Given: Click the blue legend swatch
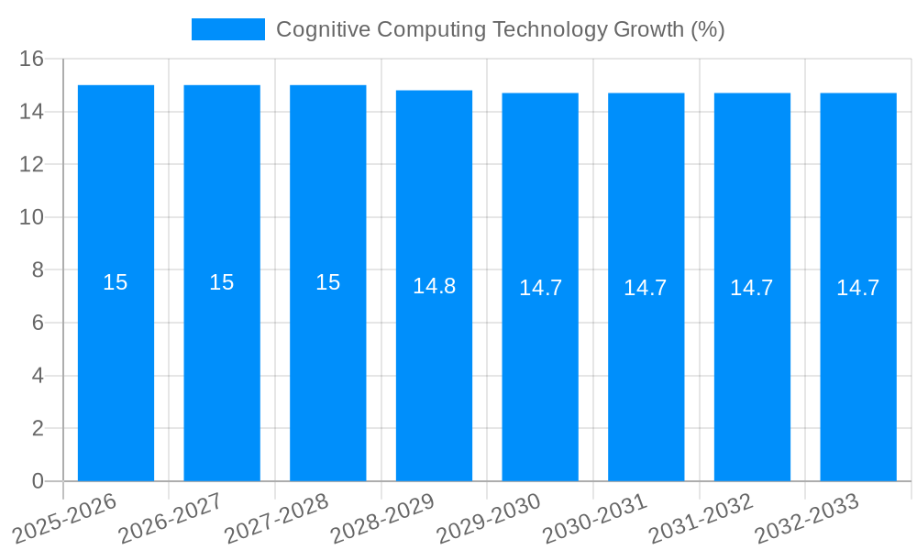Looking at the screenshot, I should point(227,29).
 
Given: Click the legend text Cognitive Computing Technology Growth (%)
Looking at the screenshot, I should point(500,29).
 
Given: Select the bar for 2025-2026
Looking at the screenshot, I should point(116,367).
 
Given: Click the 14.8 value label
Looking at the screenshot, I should point(434,286).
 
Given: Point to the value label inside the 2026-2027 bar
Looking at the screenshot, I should point(222,282).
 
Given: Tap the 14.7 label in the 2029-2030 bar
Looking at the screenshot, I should point(540,288).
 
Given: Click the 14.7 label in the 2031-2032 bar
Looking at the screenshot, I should point(752,288).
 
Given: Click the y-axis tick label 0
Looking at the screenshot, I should point(38,481).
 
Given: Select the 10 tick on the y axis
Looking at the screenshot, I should point(32,217).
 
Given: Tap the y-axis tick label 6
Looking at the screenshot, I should point(38,323).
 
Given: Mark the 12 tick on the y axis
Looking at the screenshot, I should point(32,164).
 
